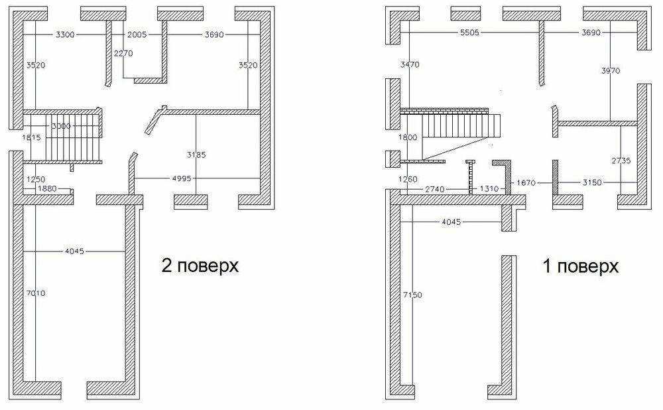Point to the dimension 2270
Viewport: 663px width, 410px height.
(124, 53)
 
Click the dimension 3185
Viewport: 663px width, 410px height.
(197, 155)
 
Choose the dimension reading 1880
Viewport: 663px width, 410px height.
(47, 189)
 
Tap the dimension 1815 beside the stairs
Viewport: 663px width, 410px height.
(31, 137)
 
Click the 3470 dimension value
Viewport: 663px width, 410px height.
(410, 64)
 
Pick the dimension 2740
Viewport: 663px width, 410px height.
(436, 189)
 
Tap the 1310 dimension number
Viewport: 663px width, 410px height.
(490, 189)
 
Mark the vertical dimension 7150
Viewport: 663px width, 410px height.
(412, 294)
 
